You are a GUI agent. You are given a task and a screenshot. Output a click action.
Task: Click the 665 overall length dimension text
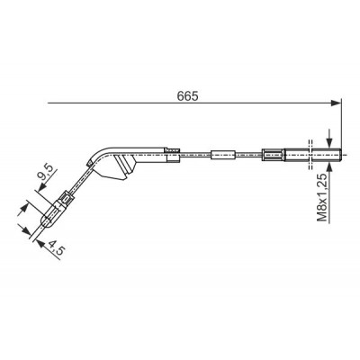click(x=187, y=95)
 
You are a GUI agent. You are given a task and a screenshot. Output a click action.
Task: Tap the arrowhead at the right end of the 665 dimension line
click(x=336, y=103)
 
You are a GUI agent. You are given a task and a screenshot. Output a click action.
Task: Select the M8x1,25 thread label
click(x=322, y=197)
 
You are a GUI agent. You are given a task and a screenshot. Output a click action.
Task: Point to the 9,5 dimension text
click(x=47, y=172)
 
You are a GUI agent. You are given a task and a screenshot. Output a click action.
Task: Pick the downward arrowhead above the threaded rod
click(x=329, y=142)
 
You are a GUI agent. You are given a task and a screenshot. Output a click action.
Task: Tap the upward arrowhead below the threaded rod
click(x=329, y=167)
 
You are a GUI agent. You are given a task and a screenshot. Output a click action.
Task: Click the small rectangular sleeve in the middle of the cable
click(x=223, y=155)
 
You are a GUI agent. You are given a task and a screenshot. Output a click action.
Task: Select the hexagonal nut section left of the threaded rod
click(x=273, y=155)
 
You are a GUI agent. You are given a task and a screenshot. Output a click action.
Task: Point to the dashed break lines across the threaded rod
click(x=310, y=155)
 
